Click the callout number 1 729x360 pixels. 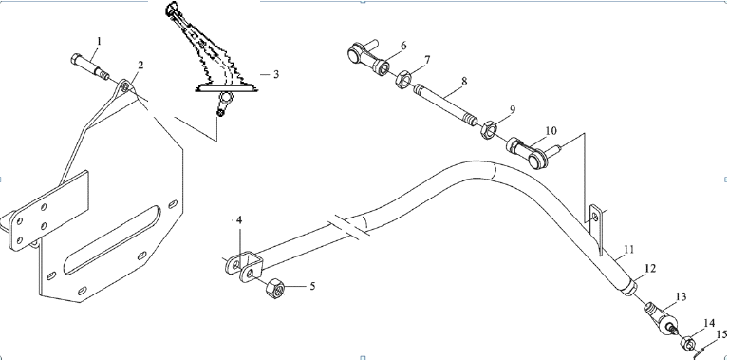[98, 42]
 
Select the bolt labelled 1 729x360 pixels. [90, 66]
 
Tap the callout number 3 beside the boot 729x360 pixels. [276, 74]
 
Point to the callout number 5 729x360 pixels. [312, 286]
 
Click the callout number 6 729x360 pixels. [403, 46]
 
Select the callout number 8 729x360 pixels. [464, 81]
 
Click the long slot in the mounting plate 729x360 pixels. [113, 244]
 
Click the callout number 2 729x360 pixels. [140, 66]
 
